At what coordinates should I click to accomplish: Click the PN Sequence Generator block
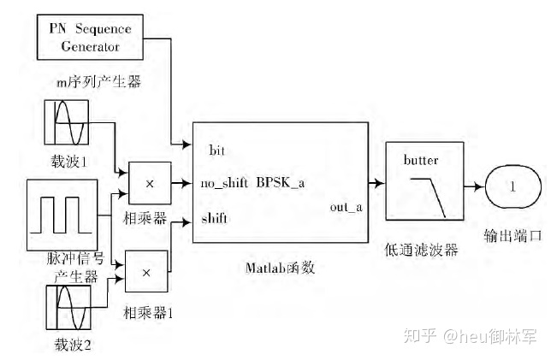point(90,38)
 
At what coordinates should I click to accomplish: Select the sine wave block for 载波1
point(67,124)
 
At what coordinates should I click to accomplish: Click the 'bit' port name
point(217,150)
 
